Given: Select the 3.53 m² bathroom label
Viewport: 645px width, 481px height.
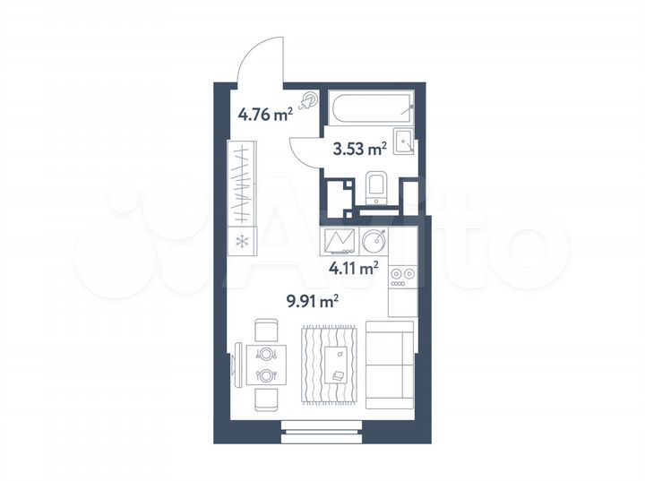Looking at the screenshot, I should click(x=359, y=149).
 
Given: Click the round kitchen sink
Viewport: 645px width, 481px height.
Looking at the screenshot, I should click(x=374, y=241).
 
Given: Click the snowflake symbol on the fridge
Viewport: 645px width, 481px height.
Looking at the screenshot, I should click(x=240, y=239).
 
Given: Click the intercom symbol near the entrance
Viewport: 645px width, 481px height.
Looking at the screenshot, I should click(x=309, y=101).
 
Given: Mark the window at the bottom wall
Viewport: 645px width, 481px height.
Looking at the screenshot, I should click(x=322, y=434).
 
